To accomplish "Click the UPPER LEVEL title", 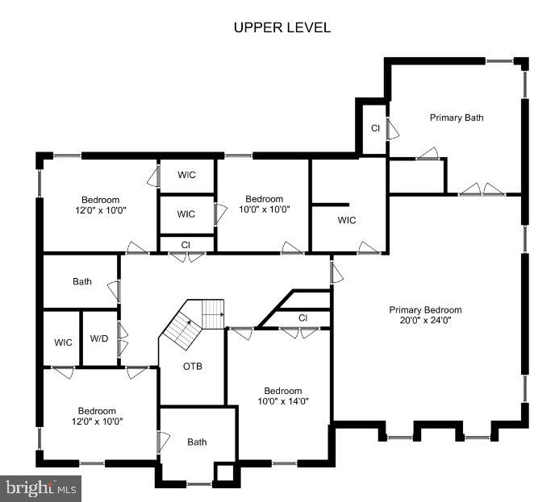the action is [282, 27].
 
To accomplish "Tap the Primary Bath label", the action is [457, 118].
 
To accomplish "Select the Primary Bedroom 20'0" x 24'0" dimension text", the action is [425, 320].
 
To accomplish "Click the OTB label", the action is [193, 366].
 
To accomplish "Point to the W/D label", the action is [99, 338].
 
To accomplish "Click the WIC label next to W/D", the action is [63, 342].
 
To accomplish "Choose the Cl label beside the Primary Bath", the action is [375, 128].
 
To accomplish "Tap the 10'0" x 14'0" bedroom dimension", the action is [283, 401].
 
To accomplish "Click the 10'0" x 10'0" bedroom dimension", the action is [264, 210].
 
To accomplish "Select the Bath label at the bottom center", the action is [197, 442].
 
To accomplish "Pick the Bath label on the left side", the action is [82, 281].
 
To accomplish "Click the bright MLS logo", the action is [40, 488].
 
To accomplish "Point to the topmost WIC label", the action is [187, 175].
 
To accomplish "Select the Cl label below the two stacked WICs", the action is [186, 245].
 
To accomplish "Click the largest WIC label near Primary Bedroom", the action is [347, 220].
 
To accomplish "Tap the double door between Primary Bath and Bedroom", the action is [482, 189].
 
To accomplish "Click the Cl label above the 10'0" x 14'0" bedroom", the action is [302, 317].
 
